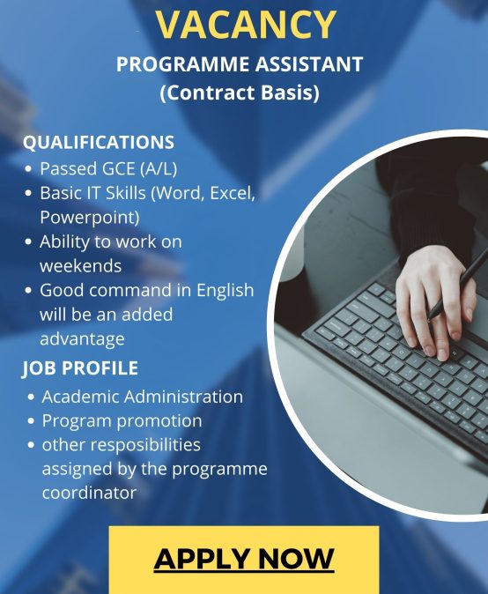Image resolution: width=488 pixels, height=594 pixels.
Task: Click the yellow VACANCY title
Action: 246,25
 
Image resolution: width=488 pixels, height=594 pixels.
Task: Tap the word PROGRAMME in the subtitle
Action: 183,64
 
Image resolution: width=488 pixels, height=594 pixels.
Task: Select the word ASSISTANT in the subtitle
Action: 309,64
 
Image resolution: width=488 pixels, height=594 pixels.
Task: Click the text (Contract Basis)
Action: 240,93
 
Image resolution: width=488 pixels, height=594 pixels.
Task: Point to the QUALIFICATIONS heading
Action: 99,143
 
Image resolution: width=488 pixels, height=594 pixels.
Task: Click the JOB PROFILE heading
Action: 80,368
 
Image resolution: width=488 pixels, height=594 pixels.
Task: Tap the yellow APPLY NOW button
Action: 244,560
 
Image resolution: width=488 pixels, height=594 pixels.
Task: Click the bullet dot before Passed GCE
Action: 28,169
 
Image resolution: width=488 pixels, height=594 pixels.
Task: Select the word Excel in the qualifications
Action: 232,193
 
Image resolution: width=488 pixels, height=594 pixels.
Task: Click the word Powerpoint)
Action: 90,218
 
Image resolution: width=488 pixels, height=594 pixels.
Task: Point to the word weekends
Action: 81,266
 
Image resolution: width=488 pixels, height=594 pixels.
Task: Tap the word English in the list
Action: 226,291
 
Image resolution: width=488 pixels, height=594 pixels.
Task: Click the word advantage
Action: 82,339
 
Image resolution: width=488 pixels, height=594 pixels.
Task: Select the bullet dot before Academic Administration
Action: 31,397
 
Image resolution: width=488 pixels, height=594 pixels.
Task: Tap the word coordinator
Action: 89,493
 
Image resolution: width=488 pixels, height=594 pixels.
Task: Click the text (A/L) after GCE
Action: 159,169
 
